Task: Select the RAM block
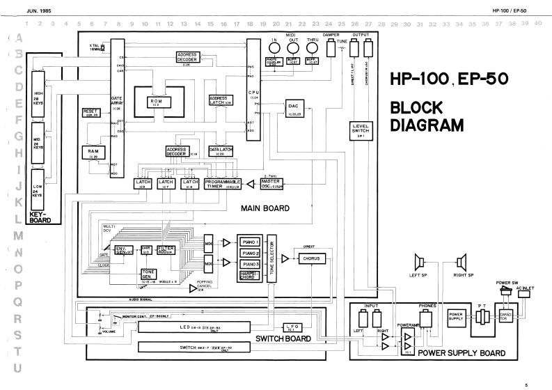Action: pos(91,153)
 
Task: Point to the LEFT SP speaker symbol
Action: pos(420,263)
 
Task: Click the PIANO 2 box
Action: pos(249,253)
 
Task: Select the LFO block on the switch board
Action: pos(290,327)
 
